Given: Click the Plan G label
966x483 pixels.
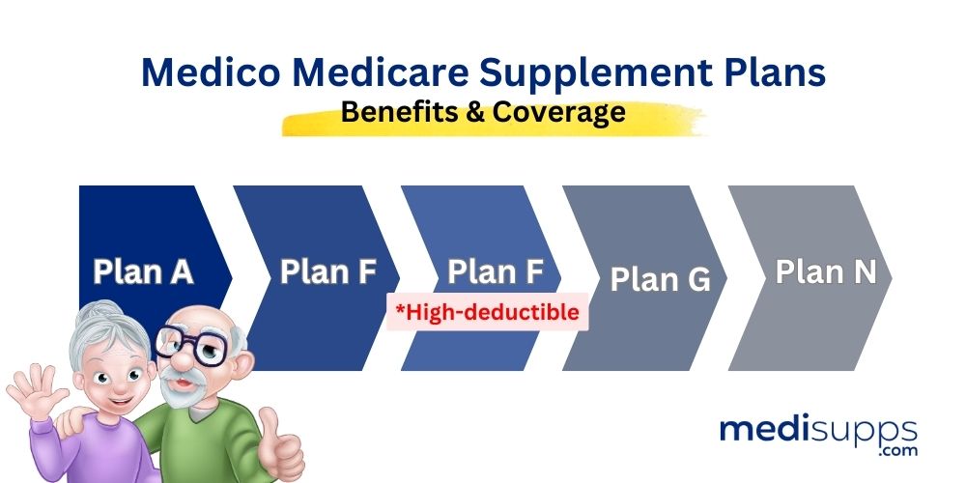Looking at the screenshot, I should pyautogui.click(x=660, y=279).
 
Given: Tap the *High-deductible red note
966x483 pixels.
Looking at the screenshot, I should pyautogui.click(x=487, y=312).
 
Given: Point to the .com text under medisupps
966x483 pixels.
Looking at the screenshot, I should pyautogui.click(x=894, y=451).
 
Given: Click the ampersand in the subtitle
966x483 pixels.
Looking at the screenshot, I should pyautogui.click(x=478, y=112).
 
